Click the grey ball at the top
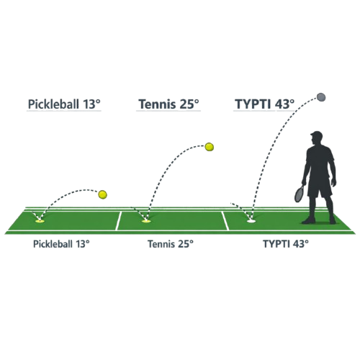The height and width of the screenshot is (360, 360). (x=321, y=97)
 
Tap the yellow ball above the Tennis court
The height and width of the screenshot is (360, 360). (x=210, y=147)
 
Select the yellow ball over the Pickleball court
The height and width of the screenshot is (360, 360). (x=102, y=194)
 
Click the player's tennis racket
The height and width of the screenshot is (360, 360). (x=300, y=193)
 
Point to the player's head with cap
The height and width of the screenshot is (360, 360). (x=316, y=138)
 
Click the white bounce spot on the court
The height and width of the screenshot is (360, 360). (x=251, y=221)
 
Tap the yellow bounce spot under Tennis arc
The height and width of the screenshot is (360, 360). (x=146, y=221)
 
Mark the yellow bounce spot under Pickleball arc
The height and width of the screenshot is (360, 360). (x=40, y=221)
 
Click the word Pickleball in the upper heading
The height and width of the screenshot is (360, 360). (x=53, y=104)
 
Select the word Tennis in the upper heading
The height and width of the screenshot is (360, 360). (x=157, y=104)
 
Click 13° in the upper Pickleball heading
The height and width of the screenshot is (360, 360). (x=91, y=104)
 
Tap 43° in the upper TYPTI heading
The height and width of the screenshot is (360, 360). (x=284, y=104)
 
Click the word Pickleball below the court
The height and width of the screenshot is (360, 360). (x=53, y=244)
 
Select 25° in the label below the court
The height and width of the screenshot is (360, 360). (x=186, y=244)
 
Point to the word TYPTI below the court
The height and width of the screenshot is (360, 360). (x=276, y=244)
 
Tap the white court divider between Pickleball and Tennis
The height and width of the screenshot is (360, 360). (x=118, y=221)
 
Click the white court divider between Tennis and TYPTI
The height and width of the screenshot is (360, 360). (x=225, y=221)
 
